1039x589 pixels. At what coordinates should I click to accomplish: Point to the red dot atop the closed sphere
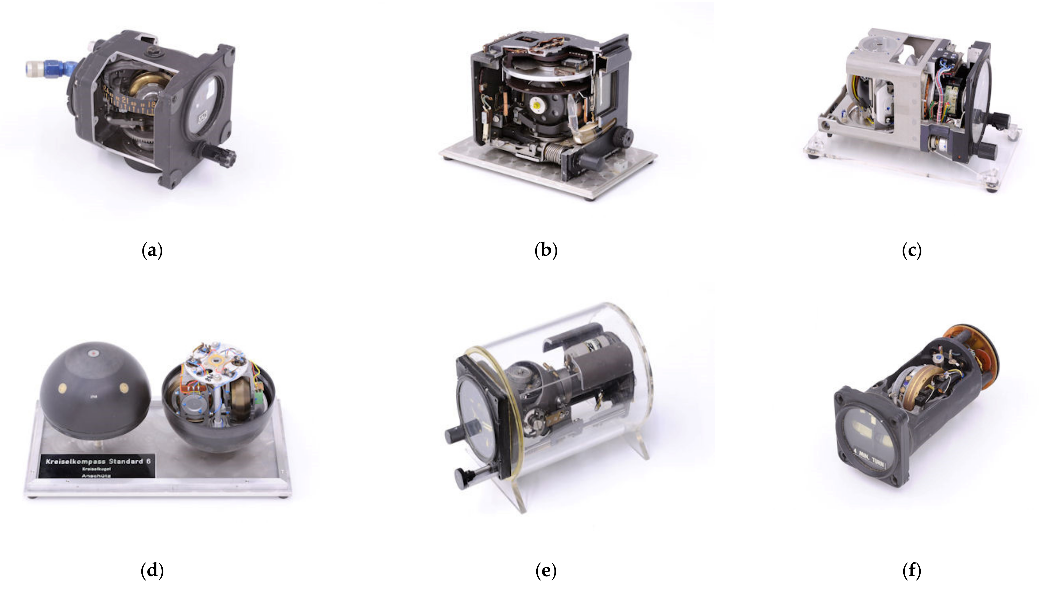tap(94, 353)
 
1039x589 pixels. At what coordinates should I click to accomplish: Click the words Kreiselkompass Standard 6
tap(98, 461)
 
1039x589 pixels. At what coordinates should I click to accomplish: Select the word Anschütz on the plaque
tap(96, 476)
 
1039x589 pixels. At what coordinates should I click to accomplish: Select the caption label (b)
tap(546, 251)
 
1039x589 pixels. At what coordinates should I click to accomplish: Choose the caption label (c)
tap(912, 251)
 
